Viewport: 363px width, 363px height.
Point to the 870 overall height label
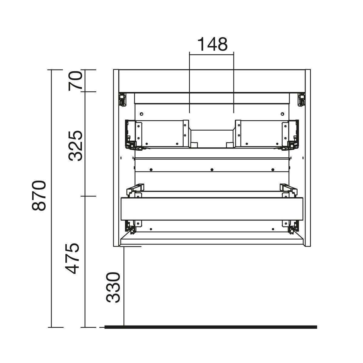pos(39,195)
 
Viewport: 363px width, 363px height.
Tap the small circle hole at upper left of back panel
pos(142,114)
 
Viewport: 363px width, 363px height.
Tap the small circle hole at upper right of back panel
pos(282,114)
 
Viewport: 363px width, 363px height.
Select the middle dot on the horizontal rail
pos(212,170)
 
